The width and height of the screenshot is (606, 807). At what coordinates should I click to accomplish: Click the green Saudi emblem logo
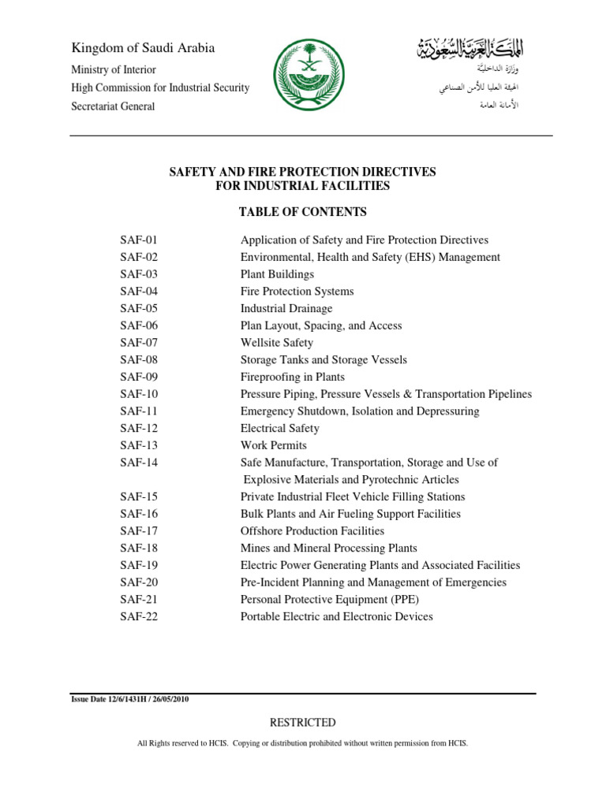click(x=304, y=77)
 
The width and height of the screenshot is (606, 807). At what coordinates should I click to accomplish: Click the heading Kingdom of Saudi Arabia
click(x=143, y=48)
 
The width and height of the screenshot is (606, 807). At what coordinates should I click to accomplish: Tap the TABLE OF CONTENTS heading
click(x=303, y=212)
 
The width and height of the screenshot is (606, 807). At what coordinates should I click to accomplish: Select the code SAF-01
click(x=140, y=240)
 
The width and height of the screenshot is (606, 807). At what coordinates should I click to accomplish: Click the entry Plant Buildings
click(x=277, y=274)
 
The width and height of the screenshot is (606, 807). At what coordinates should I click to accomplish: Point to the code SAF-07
click(x=140, y=343)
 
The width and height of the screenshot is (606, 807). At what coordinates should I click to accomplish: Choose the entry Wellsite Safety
click(x=276, y=343)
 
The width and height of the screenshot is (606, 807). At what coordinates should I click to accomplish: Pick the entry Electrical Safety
click(x=279, y=428)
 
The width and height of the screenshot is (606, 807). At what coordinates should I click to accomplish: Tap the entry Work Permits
click(x=273, y=445)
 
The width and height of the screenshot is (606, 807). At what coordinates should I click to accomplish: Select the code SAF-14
click(x=140, y=463)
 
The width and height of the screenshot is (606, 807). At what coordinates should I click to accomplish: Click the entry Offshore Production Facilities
click(x=312, y=531)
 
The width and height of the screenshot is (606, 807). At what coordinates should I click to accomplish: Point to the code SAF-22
click(x=140, y=616)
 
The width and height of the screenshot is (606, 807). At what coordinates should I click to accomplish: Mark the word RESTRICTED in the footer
click(x=303, y=723)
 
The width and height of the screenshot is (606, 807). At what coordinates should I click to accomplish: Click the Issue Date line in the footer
click(x=130, y=699)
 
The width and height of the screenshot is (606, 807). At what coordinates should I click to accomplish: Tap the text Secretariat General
click(x=113, y=106)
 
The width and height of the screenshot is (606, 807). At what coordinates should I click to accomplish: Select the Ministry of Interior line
click(x=114, y=69)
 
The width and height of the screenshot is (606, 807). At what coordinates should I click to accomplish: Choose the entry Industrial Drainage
click(x=286, y=308)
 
